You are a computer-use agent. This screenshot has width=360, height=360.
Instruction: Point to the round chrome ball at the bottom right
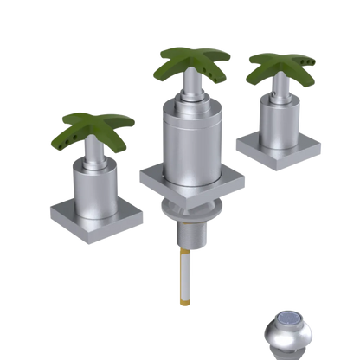(286, 333)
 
